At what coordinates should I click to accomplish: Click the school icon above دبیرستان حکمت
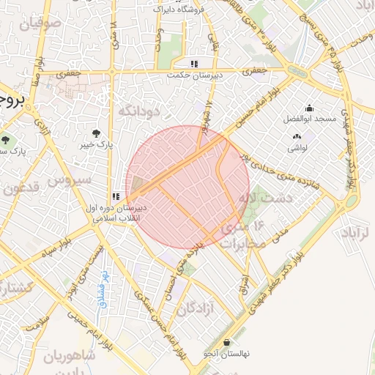coord(194,64)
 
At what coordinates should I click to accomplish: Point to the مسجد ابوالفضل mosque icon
coord(309,108)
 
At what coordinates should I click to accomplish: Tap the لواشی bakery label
coord(297,147)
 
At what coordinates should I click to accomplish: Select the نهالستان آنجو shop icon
coord(226,342)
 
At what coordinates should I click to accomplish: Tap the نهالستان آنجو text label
coord(226,354)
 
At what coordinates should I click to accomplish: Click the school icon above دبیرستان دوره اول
coord(116,197)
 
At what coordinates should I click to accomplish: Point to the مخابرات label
coord(240,245)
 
